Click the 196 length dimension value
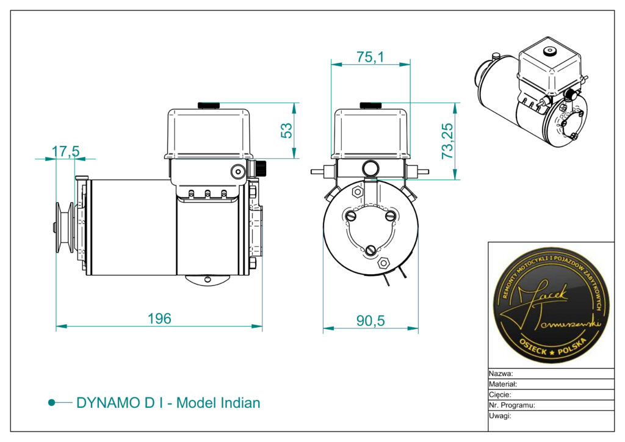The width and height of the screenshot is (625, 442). (159, 318)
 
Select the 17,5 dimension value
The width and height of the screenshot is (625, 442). (65, 151)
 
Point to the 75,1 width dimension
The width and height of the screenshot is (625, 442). (370, 57)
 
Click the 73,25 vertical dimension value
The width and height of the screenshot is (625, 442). (447, 141)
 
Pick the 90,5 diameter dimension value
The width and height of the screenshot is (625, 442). (370, 321)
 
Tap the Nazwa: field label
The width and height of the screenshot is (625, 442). (501, 374)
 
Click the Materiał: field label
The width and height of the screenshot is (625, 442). (504, 384)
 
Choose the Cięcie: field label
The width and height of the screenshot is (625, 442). (500, 394)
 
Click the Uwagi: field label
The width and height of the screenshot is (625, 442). (500, 415)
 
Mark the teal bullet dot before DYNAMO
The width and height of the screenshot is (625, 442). (52, 403)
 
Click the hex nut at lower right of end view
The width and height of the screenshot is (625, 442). (384, 263)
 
